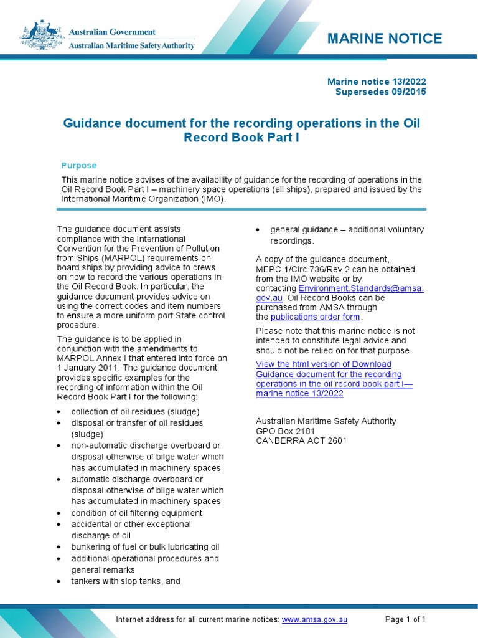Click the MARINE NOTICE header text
pyautogui.click(x=385, y=39)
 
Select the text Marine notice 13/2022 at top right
pyautogui.click(x=377, y=82)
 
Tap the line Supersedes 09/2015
pyautogui.click(x=381, y=92)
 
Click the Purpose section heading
pyautogui.click(x=78, y=165)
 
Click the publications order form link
pyautogui.click(x=316, y=317)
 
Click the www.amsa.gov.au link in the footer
pyautogui.click(x=314, y=619)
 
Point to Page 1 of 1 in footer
pyautogui.click(x=405, y=619)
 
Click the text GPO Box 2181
pyautogui.click(x=286, y=431)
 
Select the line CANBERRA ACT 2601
pyautogui.click(x=301, y=440)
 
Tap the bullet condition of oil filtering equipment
pyautogui.click(x=136, y=513)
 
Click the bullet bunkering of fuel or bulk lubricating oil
pyautogui.click(x=145, y=547)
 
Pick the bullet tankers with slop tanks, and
pyautogui.click(x=125, y=581)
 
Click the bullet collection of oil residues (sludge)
pyautogui.click(x=135, y=412)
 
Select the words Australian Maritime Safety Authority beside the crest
pyautogui.click(x=131, y=44)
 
